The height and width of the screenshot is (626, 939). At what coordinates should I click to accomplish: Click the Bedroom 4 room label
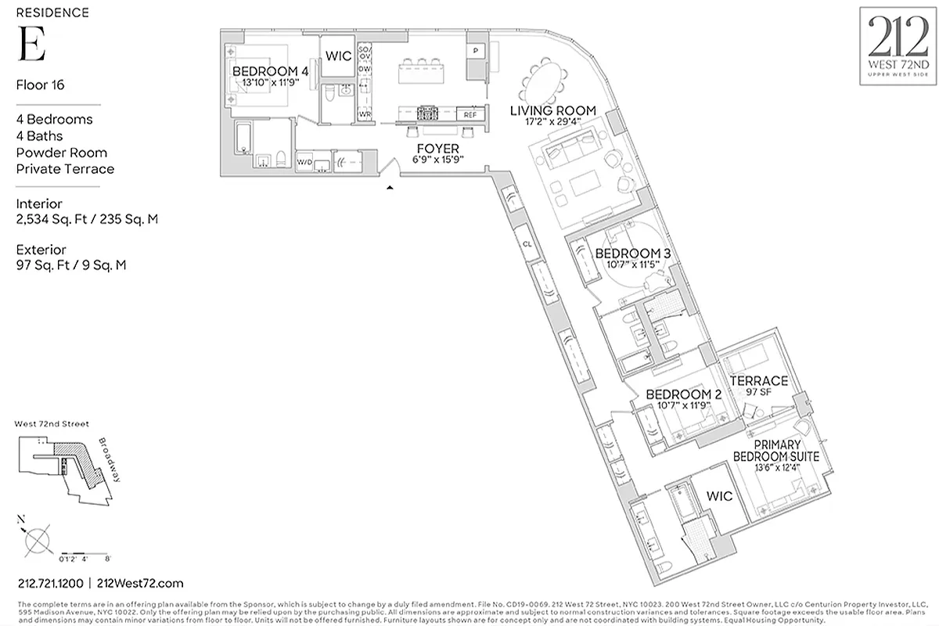(x=270, y=71)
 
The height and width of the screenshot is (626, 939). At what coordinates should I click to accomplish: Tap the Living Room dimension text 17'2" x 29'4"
(x=553, y=122)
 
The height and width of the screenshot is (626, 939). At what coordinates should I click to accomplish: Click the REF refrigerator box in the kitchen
(x=469, y=115)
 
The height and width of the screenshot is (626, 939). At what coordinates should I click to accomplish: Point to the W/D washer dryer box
(x=304, y=162)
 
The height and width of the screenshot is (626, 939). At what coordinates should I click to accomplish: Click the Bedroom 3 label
(x=632, y=254)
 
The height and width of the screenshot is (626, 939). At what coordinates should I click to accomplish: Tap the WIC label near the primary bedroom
(x=718, y=496)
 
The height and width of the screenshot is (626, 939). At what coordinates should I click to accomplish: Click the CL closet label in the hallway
(x=527, y=244)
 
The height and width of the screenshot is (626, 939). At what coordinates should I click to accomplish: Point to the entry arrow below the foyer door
(x=389, y=187)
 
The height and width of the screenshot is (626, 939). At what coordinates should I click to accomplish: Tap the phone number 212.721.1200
(x=50, y=583)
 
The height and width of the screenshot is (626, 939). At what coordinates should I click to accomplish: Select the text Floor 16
(x=40, y=85)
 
